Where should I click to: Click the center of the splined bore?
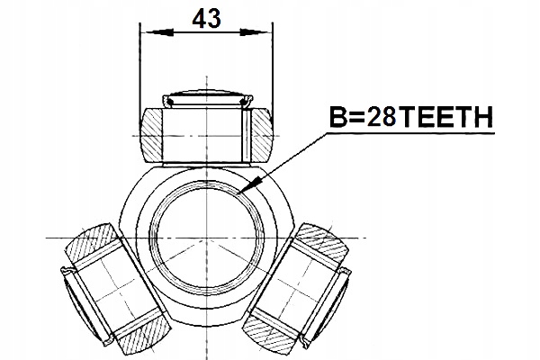206,234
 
